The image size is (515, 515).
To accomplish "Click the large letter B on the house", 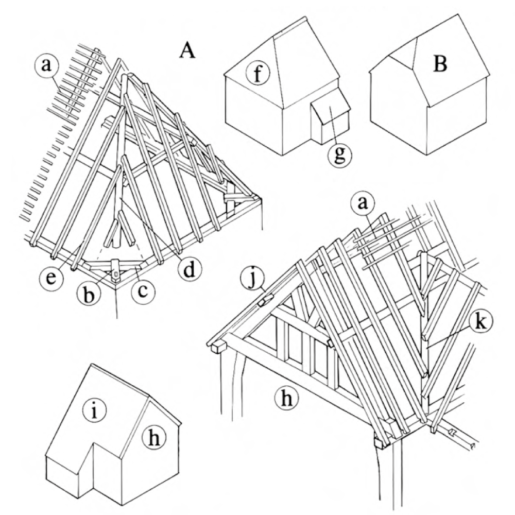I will pyautogui.click(x=440, y=65).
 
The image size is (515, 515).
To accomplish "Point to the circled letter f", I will pyautogui.click(x=256, y=74).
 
